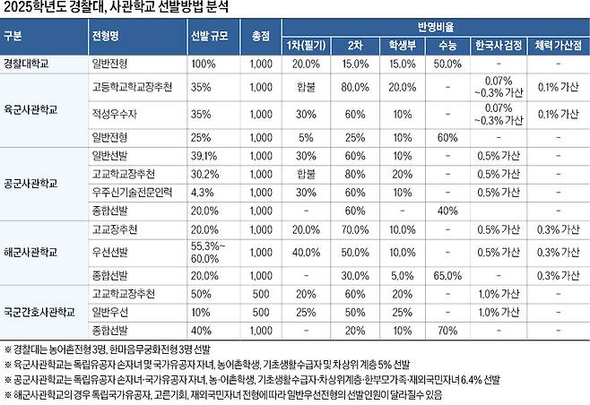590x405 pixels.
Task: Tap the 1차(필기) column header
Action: pos(305,46)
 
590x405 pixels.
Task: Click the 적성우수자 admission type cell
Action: pos(115,116)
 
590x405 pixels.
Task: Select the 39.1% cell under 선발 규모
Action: pos(204,156)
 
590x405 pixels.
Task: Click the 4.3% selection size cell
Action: pos(203,192)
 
